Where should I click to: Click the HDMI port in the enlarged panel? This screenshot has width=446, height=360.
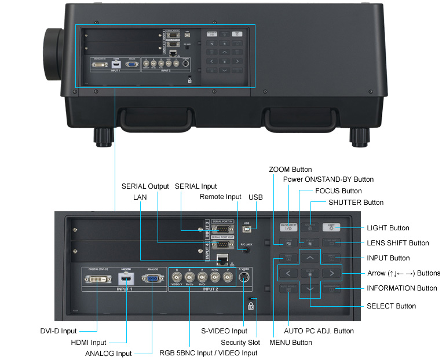pos(125,278)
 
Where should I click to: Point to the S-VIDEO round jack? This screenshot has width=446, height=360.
pos(244,277)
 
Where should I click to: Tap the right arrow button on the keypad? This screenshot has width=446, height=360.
pos(331,273)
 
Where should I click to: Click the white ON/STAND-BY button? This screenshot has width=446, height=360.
pos(288,227)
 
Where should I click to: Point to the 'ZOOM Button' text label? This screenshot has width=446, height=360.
pos(290,170)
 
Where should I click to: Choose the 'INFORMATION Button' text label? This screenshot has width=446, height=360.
pos(402,288)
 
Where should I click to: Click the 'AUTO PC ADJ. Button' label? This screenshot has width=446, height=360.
pos(319,331)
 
